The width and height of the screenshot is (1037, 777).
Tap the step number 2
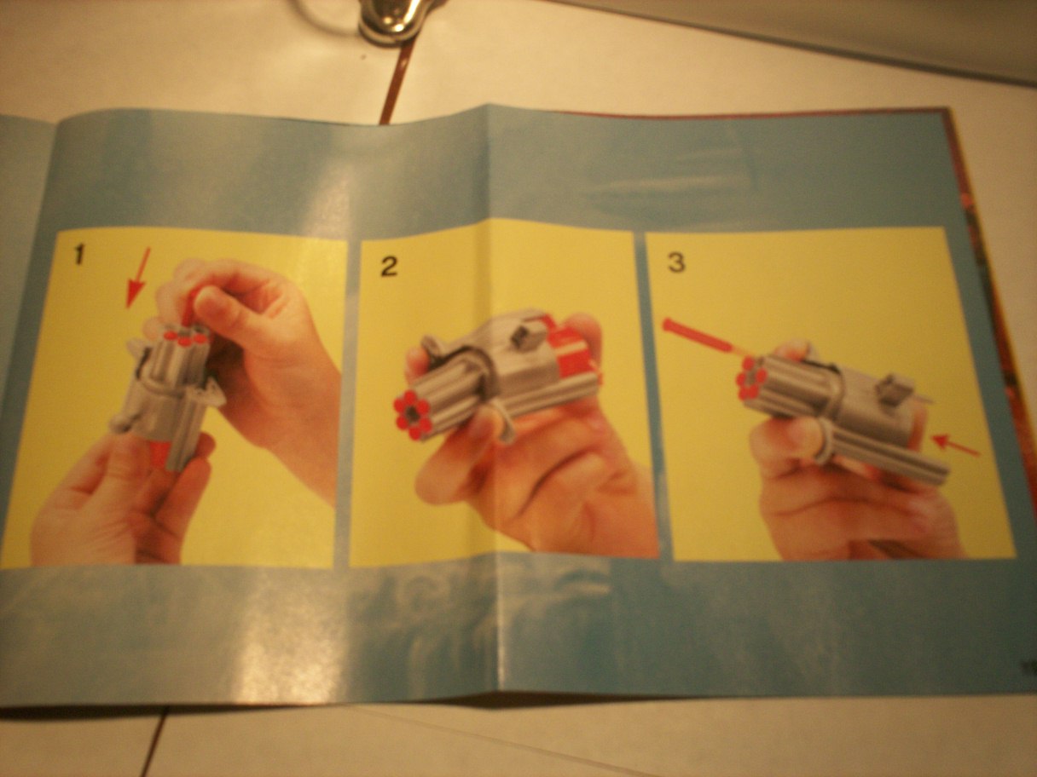pos(389,267)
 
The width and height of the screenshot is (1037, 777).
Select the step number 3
pos(676,262)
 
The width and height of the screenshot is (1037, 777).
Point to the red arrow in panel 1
pos(138,278)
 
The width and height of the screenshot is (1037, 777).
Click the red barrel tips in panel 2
pos(412,415)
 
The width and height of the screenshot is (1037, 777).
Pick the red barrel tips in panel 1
pos(186,337)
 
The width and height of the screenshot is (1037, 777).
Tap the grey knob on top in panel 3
pos(890,390)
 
